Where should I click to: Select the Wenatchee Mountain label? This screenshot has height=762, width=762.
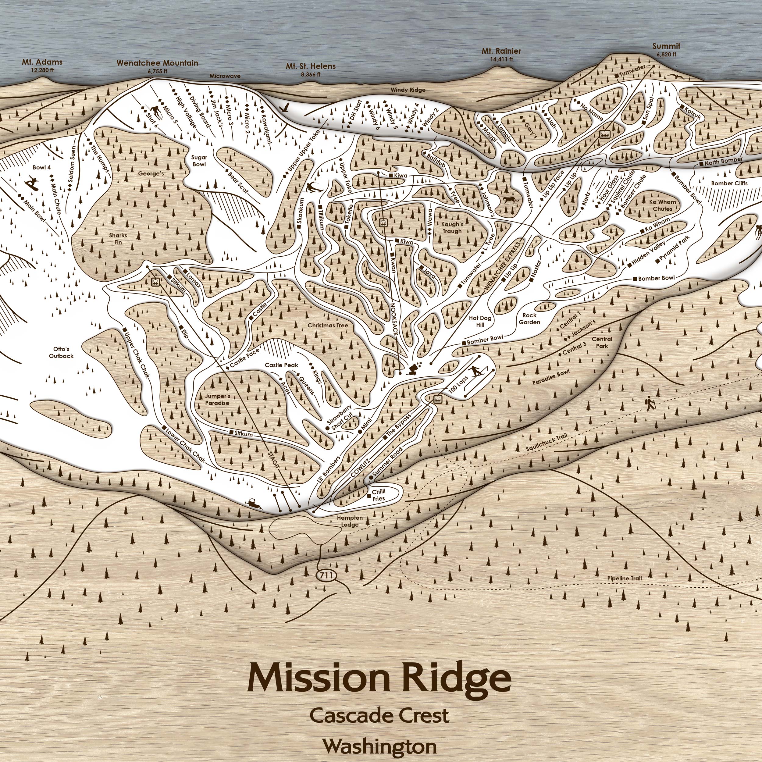pyautogui.click(x=157, y=63)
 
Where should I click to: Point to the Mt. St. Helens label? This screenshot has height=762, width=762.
pyautogui.click(x=311, y=66)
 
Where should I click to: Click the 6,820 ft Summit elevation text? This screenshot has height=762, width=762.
pyautogui.click(x=666, y=55)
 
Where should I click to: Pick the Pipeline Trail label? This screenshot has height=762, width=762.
pyautogui.click(x=624, y=578)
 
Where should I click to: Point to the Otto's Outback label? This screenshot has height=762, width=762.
pyautogui.click(x=61, y=353)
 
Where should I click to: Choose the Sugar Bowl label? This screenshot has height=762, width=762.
pyautogui.click(x=199, y=161)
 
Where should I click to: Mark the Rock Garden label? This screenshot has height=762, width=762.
pyautogui.click(x=529, y=319)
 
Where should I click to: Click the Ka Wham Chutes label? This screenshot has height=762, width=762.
pyautogui.click(x=662, y=205)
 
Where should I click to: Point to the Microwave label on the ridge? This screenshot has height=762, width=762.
pyautogui.click(x=225, y=76)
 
